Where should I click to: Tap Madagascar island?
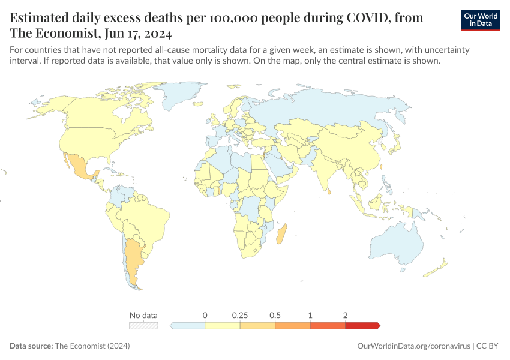(281, 233)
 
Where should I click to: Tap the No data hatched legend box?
(144, 325)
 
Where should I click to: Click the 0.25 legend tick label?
(240, 315)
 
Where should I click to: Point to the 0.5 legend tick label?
(275, 315)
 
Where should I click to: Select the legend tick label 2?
(346, 315)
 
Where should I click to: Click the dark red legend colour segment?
(362, 325)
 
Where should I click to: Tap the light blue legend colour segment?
(188, 325)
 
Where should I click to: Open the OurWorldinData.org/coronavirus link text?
(413, 346)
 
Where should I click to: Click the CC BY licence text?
(489, 346)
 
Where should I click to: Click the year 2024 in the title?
(155, 33)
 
